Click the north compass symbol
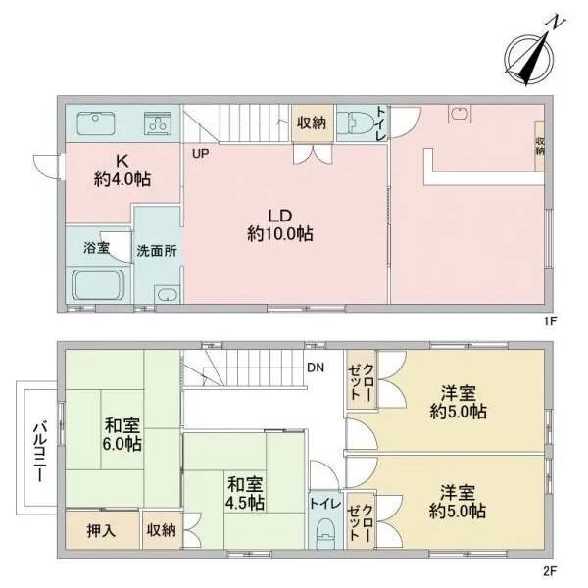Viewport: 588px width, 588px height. [529, 58]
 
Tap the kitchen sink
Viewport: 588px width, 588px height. [96, 123]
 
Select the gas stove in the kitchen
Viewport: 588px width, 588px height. [158, 123]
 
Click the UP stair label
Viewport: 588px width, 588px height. [201, 153]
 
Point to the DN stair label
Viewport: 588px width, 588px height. [316, 367]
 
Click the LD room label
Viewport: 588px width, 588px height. [280, 225]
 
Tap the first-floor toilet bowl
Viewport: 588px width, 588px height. [355, 122]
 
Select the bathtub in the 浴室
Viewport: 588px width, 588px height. [98, 285]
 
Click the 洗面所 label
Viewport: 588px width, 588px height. [157, 251]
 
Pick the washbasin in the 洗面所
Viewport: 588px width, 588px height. [167, 294]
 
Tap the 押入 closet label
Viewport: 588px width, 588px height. [101, 531]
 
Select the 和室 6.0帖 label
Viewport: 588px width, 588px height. [122, 435]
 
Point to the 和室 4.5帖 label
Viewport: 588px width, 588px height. [244, 494]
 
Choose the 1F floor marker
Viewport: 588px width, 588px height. [550, 321]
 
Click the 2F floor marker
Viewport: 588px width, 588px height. [550, 571]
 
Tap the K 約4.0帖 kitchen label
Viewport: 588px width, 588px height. [122, 171]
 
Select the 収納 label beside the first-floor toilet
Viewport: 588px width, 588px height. [312, 122]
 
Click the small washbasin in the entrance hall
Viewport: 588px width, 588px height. [460, 114]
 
